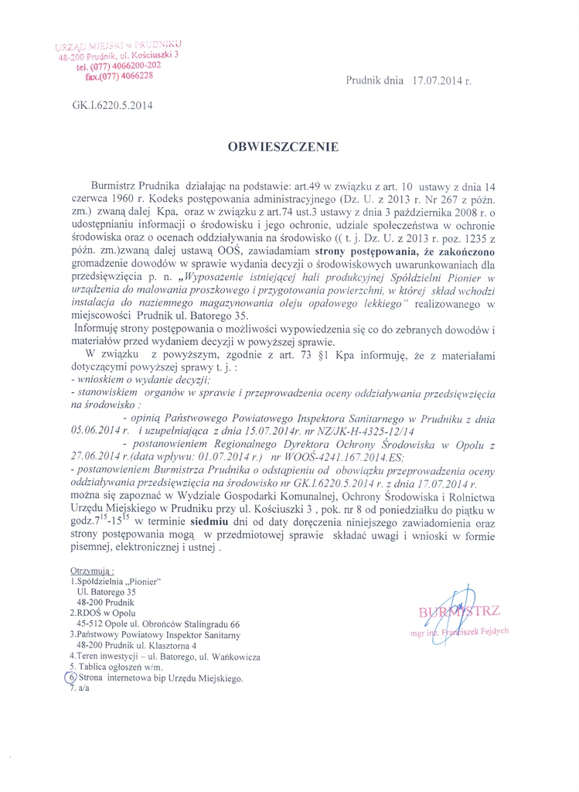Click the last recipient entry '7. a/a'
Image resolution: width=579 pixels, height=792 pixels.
[80, 689]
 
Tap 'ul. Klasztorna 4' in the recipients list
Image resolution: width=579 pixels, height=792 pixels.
[165, 645]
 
